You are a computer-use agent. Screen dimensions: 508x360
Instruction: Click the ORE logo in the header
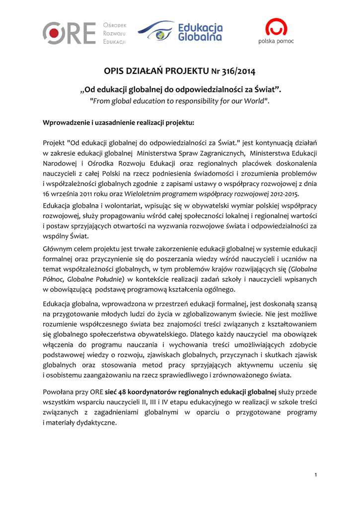pos(69,33)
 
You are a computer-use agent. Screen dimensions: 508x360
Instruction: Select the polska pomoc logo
pos(276,31)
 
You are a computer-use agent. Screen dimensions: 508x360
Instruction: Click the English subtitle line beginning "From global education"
pos(179,101)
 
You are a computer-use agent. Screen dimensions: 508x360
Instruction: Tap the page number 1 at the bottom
pos(316,476)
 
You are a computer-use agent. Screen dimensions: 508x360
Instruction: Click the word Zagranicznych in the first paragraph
pos(219,153)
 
